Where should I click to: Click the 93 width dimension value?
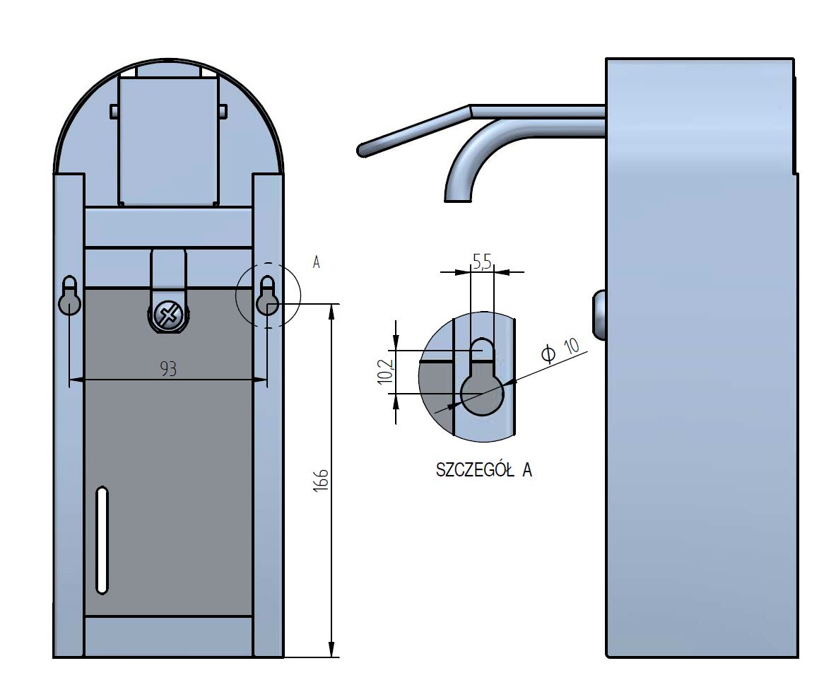(168, 368)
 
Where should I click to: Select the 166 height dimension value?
(320, 481)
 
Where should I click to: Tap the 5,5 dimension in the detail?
(482, 261)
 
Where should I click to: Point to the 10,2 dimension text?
(385, 371)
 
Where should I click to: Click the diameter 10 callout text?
(560, 350)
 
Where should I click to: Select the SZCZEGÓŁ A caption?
(484, 470)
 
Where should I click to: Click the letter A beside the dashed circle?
(316, 262)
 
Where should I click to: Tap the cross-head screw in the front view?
(168, 316)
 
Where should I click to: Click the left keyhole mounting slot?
(70, 295)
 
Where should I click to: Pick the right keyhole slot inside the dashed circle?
(268, 295)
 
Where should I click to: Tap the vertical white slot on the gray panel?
(102, 539)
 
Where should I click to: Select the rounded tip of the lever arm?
(363, 150)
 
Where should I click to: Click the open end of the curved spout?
(458, 199)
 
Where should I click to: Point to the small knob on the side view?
(599, 315)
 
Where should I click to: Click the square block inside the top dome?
(168, 141)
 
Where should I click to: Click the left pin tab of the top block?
(114, 112)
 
